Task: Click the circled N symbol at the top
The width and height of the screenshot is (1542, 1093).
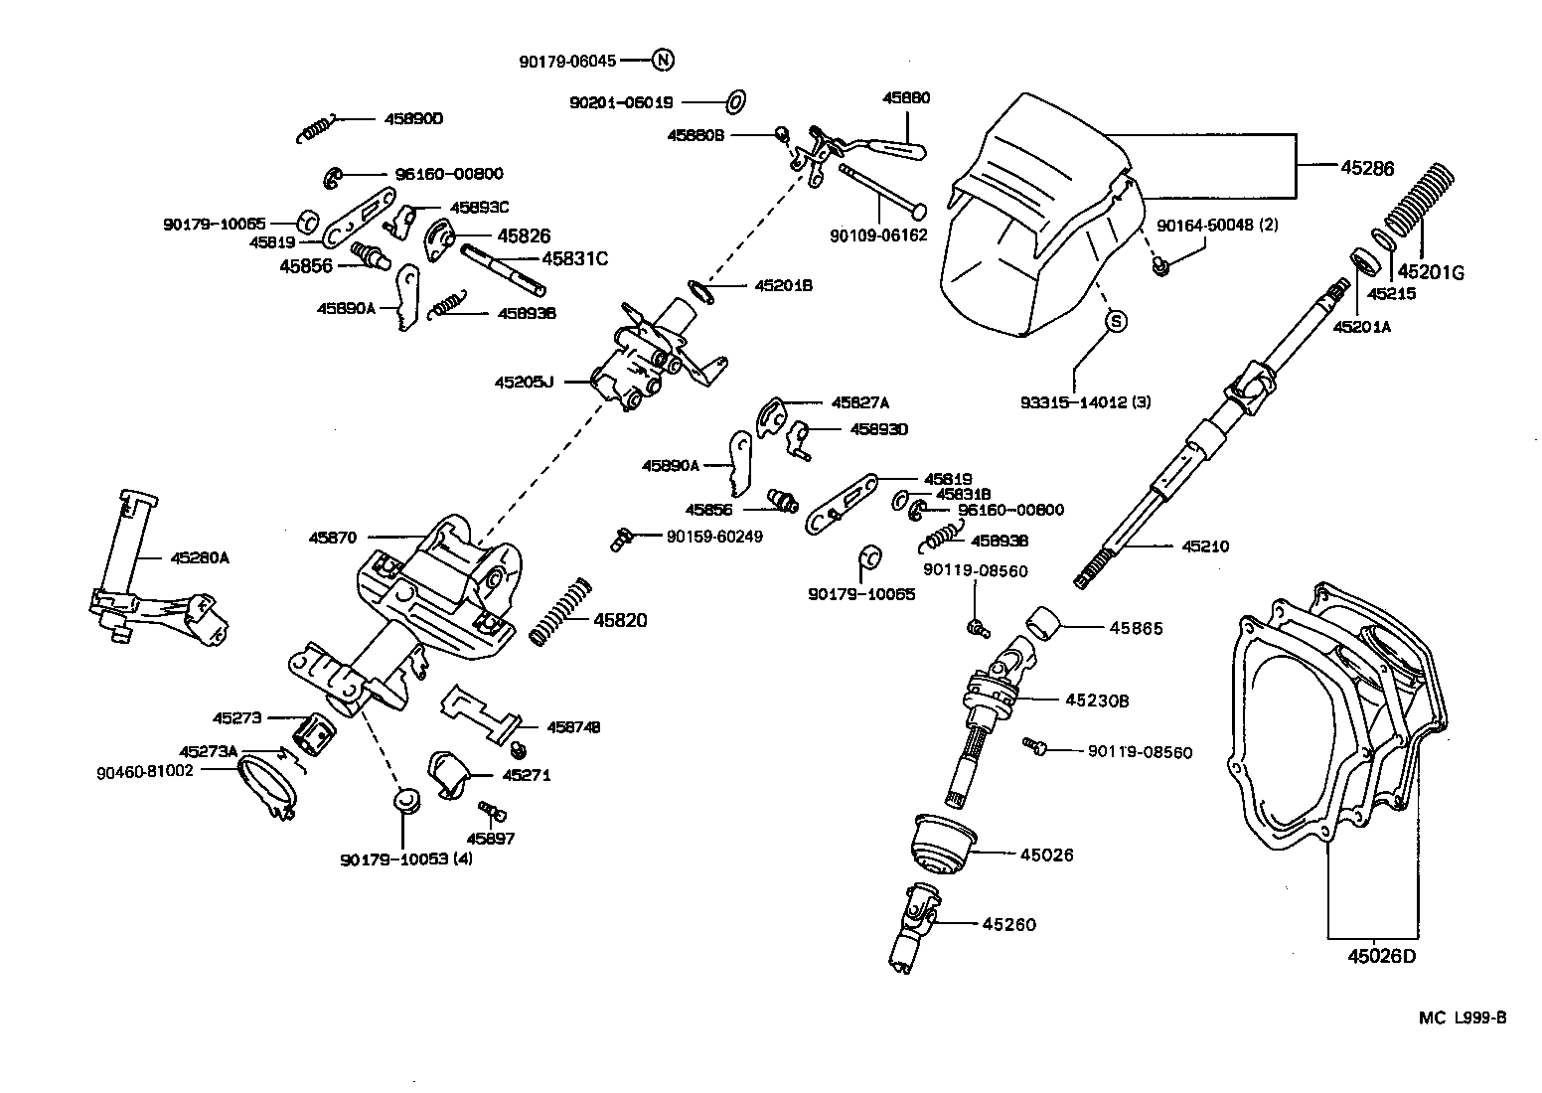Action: click(x=664, y=60)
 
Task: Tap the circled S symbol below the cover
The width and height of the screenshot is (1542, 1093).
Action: click(x=1115, y=321)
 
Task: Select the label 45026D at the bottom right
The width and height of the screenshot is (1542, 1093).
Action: click(x=1381, y=957)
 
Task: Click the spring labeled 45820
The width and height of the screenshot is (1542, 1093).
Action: click(x=561, y=610)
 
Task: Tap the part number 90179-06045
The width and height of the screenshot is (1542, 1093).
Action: click(x=567, y=61)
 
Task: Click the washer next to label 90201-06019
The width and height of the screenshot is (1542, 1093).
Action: click(x=736, y=101)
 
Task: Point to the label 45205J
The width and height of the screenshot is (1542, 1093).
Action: click(x=524, y=381)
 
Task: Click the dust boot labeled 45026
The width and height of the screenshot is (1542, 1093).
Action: click(x=940, y=846)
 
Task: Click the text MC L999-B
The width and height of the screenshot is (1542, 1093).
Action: click(x=1463, y=1016)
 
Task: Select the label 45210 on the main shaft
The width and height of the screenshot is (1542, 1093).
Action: click(x=1205, y=546)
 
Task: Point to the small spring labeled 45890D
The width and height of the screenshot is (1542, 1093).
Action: click(x=318, y=127)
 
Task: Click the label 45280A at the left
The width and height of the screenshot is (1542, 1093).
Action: click(x=200, y=558)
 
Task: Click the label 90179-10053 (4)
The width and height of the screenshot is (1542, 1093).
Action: click(x=405, y=859)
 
